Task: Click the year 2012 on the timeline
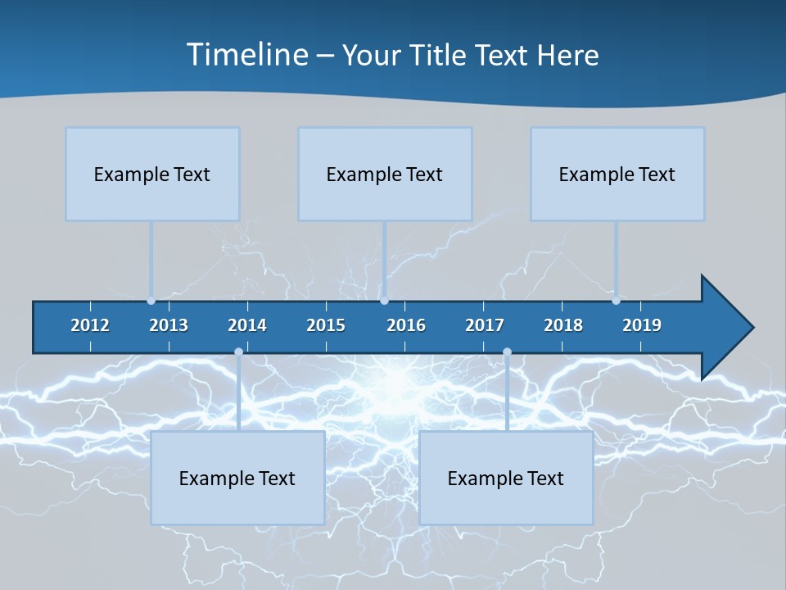coord(90,325)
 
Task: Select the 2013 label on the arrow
coord(169,325)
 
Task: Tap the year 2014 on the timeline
coord(247,325)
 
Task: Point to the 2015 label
coord(326,325)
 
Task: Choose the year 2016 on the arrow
coord(406,325)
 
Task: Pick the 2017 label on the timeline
coord(485,325)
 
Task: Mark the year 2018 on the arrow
coord(563,325)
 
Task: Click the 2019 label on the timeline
coord(642,325)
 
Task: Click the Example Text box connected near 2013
coord(152,174)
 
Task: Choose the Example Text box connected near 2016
coord(385,174)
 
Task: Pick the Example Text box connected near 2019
coord(617,174)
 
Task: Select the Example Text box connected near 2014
coord(237,478)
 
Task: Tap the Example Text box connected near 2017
coord(506,478)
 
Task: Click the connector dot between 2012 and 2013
coord(151,301)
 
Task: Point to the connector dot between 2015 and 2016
coord(384,301)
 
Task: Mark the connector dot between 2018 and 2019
coord(616,301)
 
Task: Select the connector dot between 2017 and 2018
coord(507,352)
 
